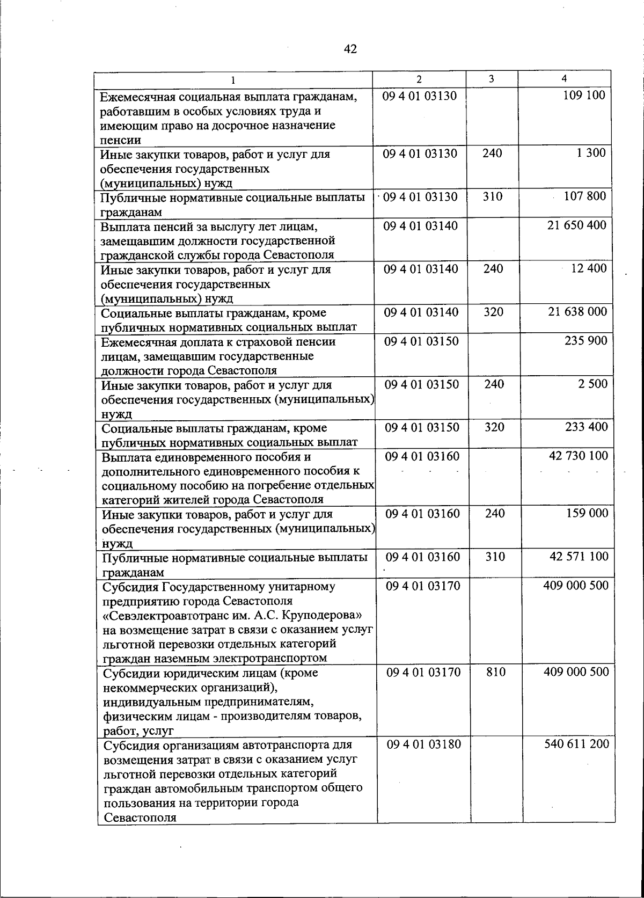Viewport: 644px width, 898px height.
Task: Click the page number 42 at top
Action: coord(350,49)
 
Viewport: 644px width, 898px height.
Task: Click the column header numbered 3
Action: coord(491,79)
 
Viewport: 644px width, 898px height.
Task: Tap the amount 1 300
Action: coord(591,153)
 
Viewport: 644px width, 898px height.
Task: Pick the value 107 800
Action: coord(584,196)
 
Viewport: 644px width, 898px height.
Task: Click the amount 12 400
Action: coord(588,268)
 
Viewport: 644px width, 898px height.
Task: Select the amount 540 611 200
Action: coord(576,744)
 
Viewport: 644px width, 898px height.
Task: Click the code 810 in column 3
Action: coord(495,672)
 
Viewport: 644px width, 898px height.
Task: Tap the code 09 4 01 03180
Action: coord(423,744)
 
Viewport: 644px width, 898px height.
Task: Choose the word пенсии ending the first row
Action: coord(121,140)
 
